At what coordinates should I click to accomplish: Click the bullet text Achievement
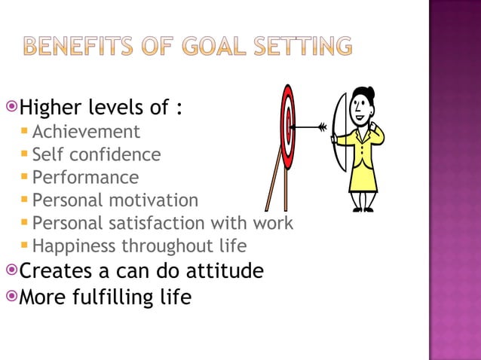(x=86, y=132)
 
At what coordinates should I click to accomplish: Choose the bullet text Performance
(x=85, y=178)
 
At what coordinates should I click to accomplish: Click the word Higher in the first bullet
(x=50, y=108)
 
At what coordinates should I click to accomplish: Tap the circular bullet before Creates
(x=11, y=269)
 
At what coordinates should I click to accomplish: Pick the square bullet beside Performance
(x=25, y=178)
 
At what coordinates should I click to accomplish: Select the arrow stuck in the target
(x=309, y=127)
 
